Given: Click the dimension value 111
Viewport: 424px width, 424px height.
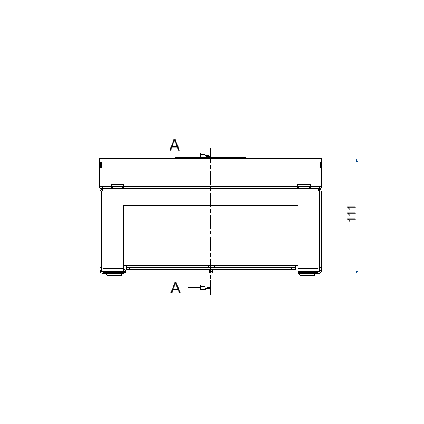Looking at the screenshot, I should click(x=351, y=214).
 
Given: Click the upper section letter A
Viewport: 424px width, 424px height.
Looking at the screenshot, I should click(x=175, y=145).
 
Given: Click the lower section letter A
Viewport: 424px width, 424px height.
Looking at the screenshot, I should click(x=176, y=288).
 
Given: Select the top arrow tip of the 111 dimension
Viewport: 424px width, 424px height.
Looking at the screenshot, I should click(x=357, y=160).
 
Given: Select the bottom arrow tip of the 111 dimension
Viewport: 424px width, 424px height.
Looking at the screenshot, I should click(x=357, y=273).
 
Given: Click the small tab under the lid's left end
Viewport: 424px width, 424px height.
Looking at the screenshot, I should click(x=117, y=186).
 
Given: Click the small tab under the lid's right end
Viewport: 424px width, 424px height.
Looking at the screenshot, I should click(x=304, y=186).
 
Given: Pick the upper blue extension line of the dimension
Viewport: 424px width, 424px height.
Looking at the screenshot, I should click(x=339, y=158).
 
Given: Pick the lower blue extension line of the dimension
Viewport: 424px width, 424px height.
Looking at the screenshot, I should click(x=337, y=275).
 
